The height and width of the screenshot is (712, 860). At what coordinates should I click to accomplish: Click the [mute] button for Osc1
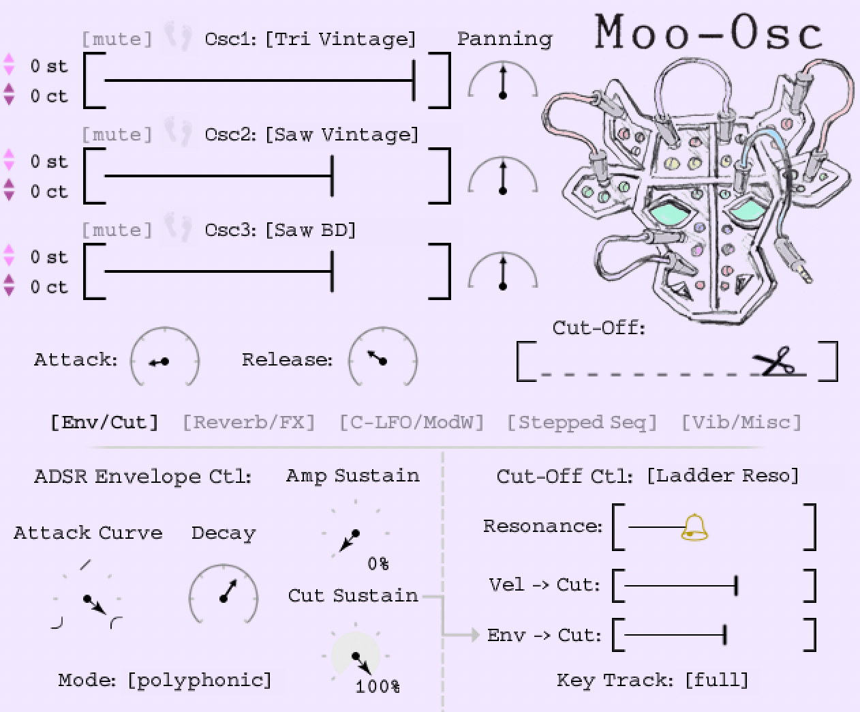(x=117, y=39)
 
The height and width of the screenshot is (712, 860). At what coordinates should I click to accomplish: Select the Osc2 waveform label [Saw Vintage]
(x=341, y=134)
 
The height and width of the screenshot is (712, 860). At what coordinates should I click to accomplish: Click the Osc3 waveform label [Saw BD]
(x=311, y=230)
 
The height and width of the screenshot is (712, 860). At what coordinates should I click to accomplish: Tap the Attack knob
(x=164, y=360)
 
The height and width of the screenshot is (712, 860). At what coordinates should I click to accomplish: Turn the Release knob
(x=382, y=359)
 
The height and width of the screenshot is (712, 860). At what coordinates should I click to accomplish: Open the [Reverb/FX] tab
(x=249, y=422)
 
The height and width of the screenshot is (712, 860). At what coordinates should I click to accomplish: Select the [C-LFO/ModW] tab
(x=412, y=422)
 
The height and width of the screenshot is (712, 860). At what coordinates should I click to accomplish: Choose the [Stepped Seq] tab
(x=582, y=422)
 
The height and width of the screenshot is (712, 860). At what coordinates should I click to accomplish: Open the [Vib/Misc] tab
(x=741, y=422)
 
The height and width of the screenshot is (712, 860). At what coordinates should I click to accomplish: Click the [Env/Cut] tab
(x=104, y=422)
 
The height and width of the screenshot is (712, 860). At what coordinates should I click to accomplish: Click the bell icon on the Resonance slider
(x=694, y=527)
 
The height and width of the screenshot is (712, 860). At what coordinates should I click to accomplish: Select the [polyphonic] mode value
(x=200, y=680)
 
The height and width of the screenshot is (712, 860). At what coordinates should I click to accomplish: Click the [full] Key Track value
(x=717, y=680)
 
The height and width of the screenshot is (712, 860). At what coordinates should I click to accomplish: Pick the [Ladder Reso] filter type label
(x=722, y=475)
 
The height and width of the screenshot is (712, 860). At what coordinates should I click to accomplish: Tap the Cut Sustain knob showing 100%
(x=356, y=657)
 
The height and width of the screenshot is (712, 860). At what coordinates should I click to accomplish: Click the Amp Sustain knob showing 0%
(x=354, y=534)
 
